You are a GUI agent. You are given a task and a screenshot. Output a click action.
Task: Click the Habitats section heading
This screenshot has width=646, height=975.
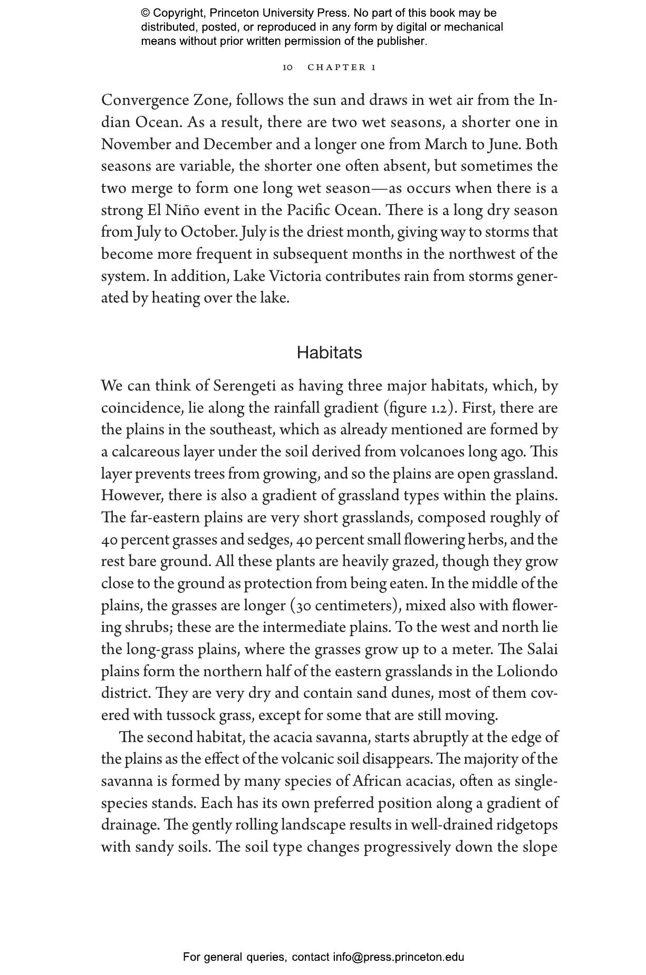click(x=329, y=352)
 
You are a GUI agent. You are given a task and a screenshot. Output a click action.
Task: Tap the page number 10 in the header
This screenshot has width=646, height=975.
click(x=287, y=67)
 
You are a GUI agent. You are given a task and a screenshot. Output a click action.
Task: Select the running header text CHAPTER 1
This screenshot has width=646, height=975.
click(x=342, y=67)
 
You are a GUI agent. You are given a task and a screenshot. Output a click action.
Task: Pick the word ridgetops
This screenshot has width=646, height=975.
click(x=526, y=825)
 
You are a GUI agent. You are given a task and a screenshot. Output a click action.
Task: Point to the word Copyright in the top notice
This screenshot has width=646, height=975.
click(x=178, y=13)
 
